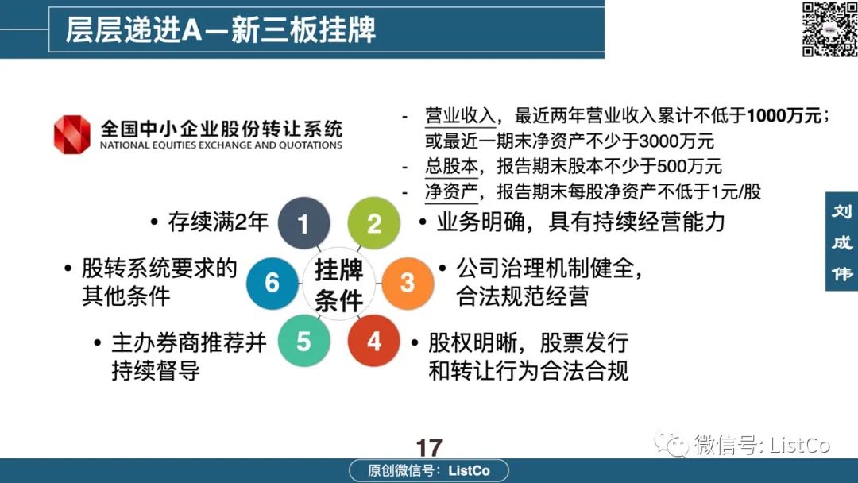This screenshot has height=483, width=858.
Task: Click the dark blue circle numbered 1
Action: click(303, 223)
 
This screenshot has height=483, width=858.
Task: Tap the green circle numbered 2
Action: click(373, 223)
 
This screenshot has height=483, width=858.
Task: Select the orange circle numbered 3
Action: click(407, 283)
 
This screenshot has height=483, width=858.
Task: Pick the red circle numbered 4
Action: click(373, 341)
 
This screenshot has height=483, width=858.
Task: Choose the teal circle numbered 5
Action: click(303, 341)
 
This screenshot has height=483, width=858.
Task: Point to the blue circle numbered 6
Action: click(272, 283)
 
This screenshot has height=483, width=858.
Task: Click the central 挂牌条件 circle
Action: click(338, 284)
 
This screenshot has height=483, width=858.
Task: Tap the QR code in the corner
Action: click(829, 29)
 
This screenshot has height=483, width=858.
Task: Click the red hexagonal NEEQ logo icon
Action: click(71, 134)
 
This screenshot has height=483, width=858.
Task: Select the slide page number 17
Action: click(429, 447)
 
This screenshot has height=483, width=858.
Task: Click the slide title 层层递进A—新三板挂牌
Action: click(221, 29)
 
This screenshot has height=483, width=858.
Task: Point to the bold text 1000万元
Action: click(783, 115)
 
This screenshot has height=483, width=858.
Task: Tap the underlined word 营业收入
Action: click(460, 116)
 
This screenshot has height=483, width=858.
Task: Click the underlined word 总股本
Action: click(451, 166)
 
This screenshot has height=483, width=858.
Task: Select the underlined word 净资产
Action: click(451, 191)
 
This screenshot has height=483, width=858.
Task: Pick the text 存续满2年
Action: click(218, 222)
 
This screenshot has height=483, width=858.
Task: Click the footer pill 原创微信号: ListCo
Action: click(429, 470)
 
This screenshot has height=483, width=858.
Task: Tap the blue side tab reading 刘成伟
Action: click(841, 241)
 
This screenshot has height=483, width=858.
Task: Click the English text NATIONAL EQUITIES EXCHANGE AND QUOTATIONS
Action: click(221, 145)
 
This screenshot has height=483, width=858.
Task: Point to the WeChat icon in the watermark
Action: click(671, 443)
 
